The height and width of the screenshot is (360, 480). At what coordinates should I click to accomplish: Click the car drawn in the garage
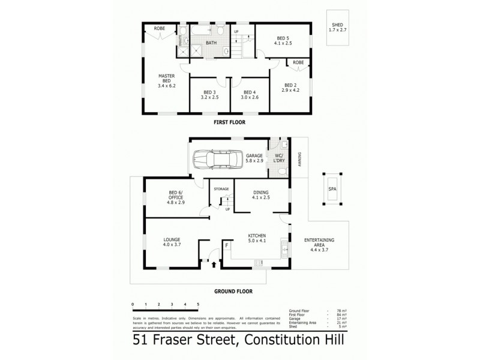pos(216,160)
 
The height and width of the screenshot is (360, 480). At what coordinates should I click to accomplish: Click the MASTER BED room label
pos(166,81)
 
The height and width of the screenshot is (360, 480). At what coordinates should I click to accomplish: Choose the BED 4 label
pos(250,94)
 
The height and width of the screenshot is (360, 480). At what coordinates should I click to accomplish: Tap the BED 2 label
pos(291,87)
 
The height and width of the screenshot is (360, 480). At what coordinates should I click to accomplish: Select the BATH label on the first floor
pos(211,43)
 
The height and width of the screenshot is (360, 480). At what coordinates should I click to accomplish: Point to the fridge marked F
pos(227,245)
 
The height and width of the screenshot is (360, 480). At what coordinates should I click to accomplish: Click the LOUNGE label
pos(172,242)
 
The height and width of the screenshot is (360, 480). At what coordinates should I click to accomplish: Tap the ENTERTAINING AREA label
pos(319,242)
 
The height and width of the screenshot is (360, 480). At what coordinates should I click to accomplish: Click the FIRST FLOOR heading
pos(229,122)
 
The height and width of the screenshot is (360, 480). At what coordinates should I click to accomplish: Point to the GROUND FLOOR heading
pos(233,291)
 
